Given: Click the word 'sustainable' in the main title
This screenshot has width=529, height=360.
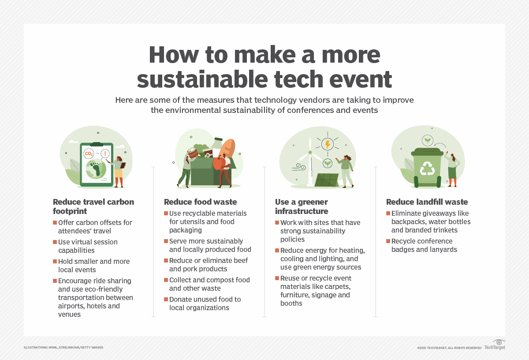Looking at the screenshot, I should [198, 79].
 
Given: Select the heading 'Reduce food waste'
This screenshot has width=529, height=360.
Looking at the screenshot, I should [200, 202].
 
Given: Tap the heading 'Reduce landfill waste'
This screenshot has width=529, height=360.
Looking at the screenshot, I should [427, 202].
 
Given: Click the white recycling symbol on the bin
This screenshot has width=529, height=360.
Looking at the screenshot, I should [427, 168].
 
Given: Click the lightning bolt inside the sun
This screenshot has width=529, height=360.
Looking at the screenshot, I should [327, 144].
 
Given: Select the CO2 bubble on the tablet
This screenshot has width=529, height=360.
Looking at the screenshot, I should [89, 154].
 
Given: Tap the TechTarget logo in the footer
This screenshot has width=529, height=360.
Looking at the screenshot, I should [495, 345].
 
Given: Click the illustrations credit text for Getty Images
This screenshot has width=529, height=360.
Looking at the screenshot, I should [63, 348].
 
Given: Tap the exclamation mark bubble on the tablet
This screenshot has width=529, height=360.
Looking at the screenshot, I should [105, 154].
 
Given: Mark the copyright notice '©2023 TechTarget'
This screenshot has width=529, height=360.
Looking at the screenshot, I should [449, 348].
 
